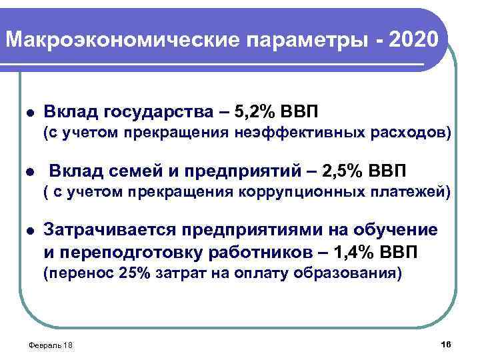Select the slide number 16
click(x=446, y=343)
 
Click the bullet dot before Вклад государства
click(x=25, y=110)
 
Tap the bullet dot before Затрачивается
click(x=25, y=231)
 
